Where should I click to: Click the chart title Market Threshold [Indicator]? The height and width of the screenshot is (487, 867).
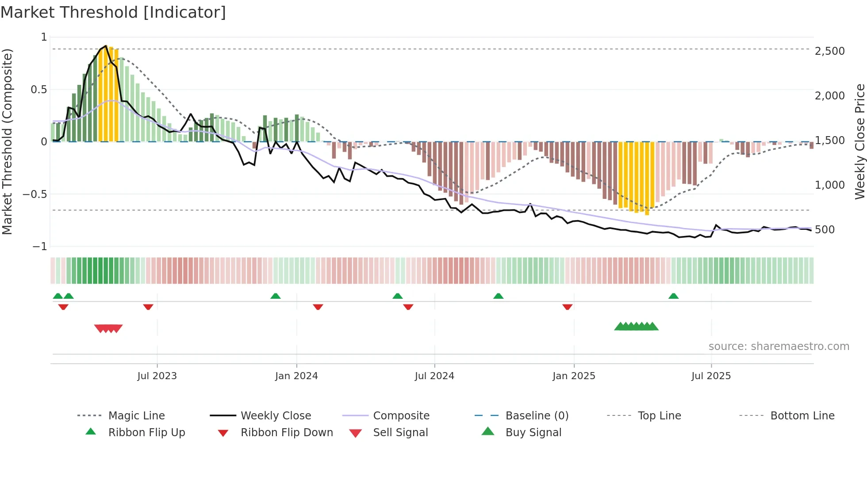(x=113, y=12)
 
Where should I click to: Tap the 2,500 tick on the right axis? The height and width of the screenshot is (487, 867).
(x=829, y=51)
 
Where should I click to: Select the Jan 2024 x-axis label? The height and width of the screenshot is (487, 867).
(x=296, y=376)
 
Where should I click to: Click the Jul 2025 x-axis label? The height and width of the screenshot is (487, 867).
(x=711, y=376)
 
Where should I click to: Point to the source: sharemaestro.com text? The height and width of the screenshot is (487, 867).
(x=779, y=346)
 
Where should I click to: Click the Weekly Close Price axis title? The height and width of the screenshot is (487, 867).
(x=859, y=141)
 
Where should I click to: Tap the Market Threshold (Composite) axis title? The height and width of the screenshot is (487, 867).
(x=7, y=141)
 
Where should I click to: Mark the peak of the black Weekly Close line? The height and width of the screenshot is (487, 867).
(x=106, y=46)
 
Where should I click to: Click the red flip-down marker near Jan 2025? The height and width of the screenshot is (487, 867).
(x=568, y=307)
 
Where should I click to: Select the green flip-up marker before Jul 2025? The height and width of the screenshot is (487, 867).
(x=673, y=296)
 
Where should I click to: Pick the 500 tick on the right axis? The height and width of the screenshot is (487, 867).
(x=825, y=230)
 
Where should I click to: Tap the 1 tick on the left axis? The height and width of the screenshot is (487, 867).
(x=44, y=37)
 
